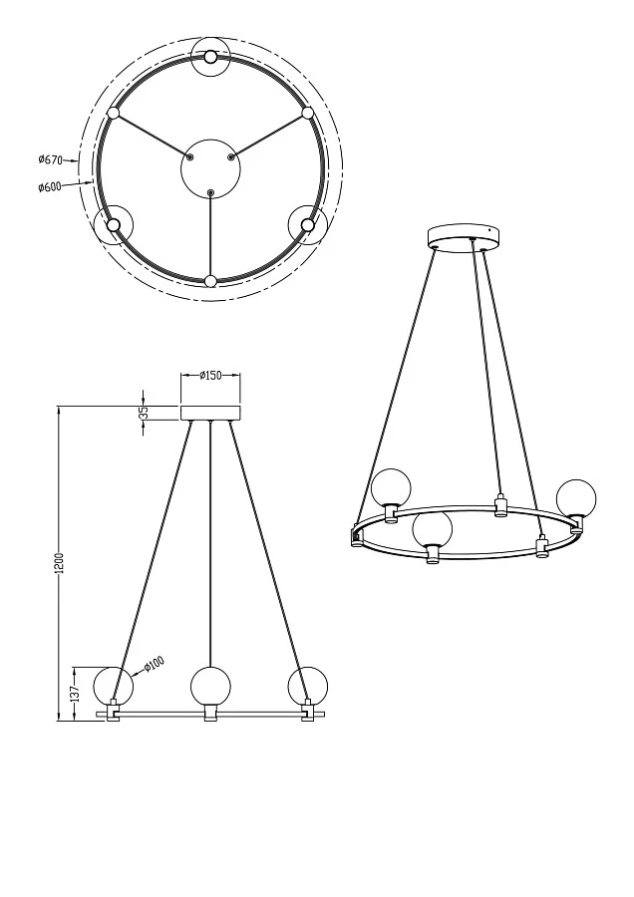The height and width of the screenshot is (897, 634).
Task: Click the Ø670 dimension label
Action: click(x=51, y=159)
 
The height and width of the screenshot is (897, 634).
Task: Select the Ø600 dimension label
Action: click(x=51, y=186)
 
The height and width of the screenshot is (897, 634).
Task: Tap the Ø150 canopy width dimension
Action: click(x=210, y=376)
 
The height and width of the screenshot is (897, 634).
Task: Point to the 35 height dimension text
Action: click(x=143, y=413)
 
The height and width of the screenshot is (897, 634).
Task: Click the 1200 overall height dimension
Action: click(x=60, y=563)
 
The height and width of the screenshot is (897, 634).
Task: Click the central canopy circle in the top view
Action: click(x=210, y=166)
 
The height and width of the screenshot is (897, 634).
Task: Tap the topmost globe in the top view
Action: click(x=210, y=57)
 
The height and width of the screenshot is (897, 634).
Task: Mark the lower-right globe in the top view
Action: click(x=307, y=224)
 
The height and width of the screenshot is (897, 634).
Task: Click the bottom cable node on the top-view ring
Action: click(x=210, y=281)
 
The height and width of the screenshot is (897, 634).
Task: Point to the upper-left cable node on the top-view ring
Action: click(x=114, y=113)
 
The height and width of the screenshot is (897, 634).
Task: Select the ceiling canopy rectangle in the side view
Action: click(x=210, y=413)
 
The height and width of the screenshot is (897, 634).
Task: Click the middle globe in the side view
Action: click(x=210, y=686)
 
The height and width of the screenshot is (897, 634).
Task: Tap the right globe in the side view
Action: click(x=307, y=686)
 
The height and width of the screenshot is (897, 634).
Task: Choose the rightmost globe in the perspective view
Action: click(x=576, y=498)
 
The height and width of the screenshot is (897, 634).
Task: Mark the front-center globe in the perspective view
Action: click(x=433, y=529)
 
